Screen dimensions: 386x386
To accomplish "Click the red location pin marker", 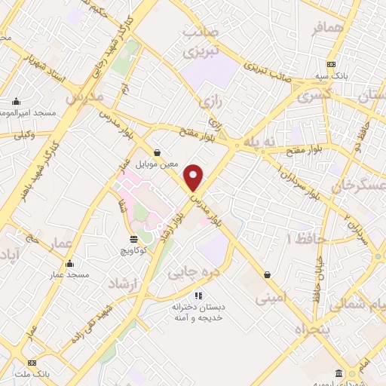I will click(194, 177).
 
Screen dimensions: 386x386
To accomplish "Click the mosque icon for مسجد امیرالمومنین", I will click(16, 102).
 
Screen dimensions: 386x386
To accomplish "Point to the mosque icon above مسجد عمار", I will click(70, 263).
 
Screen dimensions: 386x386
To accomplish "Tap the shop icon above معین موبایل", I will click(156, 151).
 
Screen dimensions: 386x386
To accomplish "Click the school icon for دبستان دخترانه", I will click(199, 296).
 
